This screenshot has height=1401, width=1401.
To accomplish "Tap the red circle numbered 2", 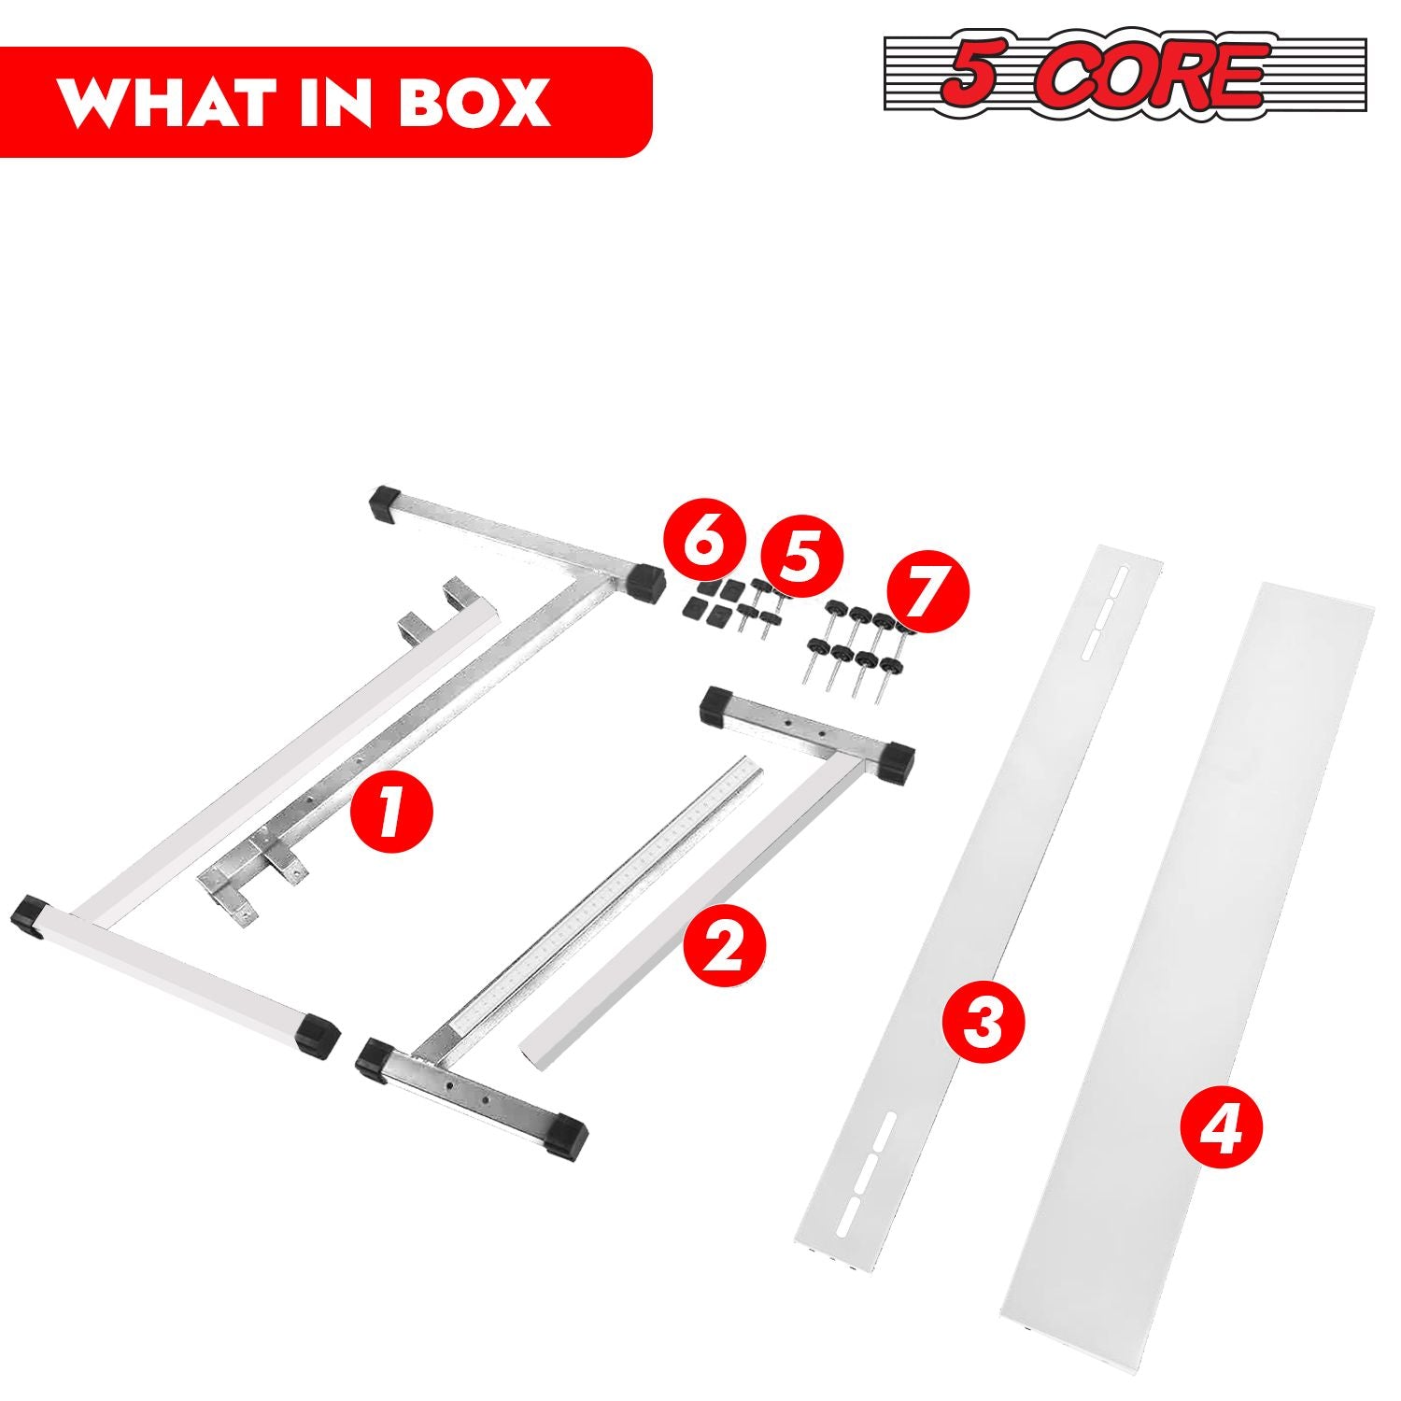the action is tap(724, 949).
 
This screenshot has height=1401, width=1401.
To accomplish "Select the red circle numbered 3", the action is tap(983, 1023).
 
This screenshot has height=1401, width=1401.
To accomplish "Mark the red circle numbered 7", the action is tap(927, 593).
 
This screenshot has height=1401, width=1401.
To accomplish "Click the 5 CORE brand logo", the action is tap(1125, 74).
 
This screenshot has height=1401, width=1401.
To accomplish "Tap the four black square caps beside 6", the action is tap(706, 599).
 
